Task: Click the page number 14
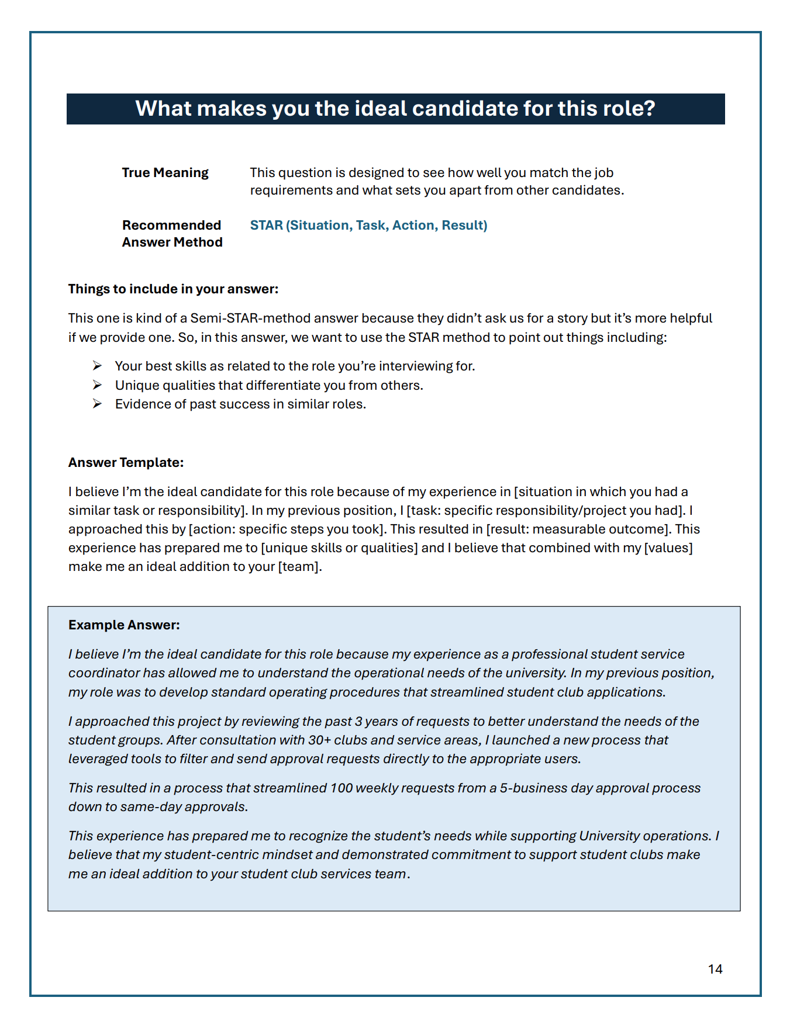click(715, 969)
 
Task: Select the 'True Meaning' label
click(165, 172)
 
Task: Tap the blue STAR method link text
click(368, 225)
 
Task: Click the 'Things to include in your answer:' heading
click(173, 289)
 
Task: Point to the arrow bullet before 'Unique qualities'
click(97, 385)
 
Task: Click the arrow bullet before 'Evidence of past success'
click(97, 404)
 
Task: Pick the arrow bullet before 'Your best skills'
click(97, 366)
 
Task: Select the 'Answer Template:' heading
click(126, 462)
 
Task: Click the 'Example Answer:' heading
click(124, 625)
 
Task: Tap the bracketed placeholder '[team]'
click(299, 566)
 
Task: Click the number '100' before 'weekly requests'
click(341, 788)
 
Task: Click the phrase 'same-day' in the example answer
click(150, 806)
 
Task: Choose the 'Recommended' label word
click(171, 225)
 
